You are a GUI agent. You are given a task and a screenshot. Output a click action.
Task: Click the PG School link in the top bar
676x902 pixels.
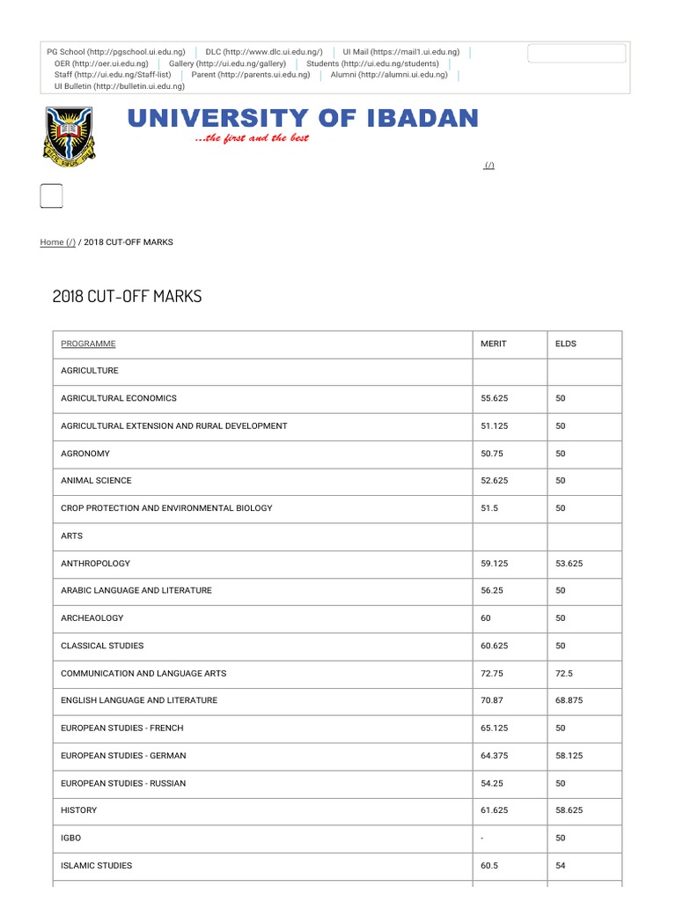[x=115, y=52]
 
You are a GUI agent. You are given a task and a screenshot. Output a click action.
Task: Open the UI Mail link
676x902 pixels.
[x=401, y=52]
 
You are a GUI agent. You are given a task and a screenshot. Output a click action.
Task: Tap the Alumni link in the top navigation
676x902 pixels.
[x=389, y=75]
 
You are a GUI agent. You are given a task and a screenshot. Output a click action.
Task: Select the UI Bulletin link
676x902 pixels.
[x=119, y=86]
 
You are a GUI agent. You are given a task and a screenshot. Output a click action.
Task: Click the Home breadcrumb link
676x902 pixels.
[x=57, y=242]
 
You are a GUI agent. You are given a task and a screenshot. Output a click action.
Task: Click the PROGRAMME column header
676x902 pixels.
[x=88, y=344]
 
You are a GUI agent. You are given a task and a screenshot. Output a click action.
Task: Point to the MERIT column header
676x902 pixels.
[x=493, y=344]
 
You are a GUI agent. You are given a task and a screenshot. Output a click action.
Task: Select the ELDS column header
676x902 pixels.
[x=566, y=344]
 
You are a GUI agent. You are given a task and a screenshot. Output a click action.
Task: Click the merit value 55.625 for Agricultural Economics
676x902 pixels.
[x=494, y=398]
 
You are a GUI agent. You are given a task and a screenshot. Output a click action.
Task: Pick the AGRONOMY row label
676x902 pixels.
[x=85, y=454]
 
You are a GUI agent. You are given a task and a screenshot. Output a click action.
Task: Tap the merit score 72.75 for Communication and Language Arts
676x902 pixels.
[x=491, y=673]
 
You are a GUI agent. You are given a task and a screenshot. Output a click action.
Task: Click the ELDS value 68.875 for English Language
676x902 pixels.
[x=569, y=700]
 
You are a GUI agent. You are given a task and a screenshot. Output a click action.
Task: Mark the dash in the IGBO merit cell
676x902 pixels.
[x=482, y=838]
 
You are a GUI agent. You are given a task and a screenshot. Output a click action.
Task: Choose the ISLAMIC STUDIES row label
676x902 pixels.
[x=96, y=865]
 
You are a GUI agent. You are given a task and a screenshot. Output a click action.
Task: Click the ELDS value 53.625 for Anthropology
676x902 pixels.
[x=569, y=563]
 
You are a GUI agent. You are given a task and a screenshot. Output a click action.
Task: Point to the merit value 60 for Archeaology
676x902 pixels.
[x=486, y=618]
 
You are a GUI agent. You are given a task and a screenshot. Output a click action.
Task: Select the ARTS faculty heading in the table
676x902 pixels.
[x=72, y=536]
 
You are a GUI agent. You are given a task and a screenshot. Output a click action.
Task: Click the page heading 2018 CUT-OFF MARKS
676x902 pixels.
[x=127, y=297]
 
